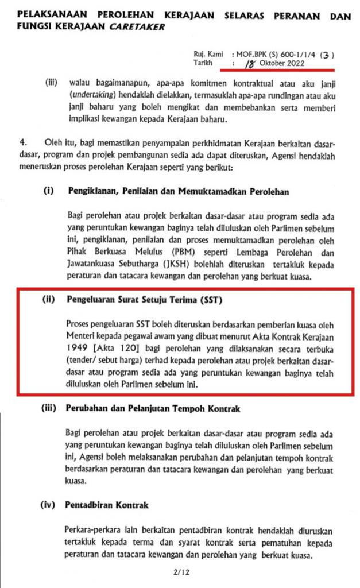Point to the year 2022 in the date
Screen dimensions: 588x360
coord(300,64)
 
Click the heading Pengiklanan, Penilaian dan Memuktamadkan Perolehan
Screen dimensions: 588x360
coord(178,192)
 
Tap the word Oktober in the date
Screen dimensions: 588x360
coord(273,64)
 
